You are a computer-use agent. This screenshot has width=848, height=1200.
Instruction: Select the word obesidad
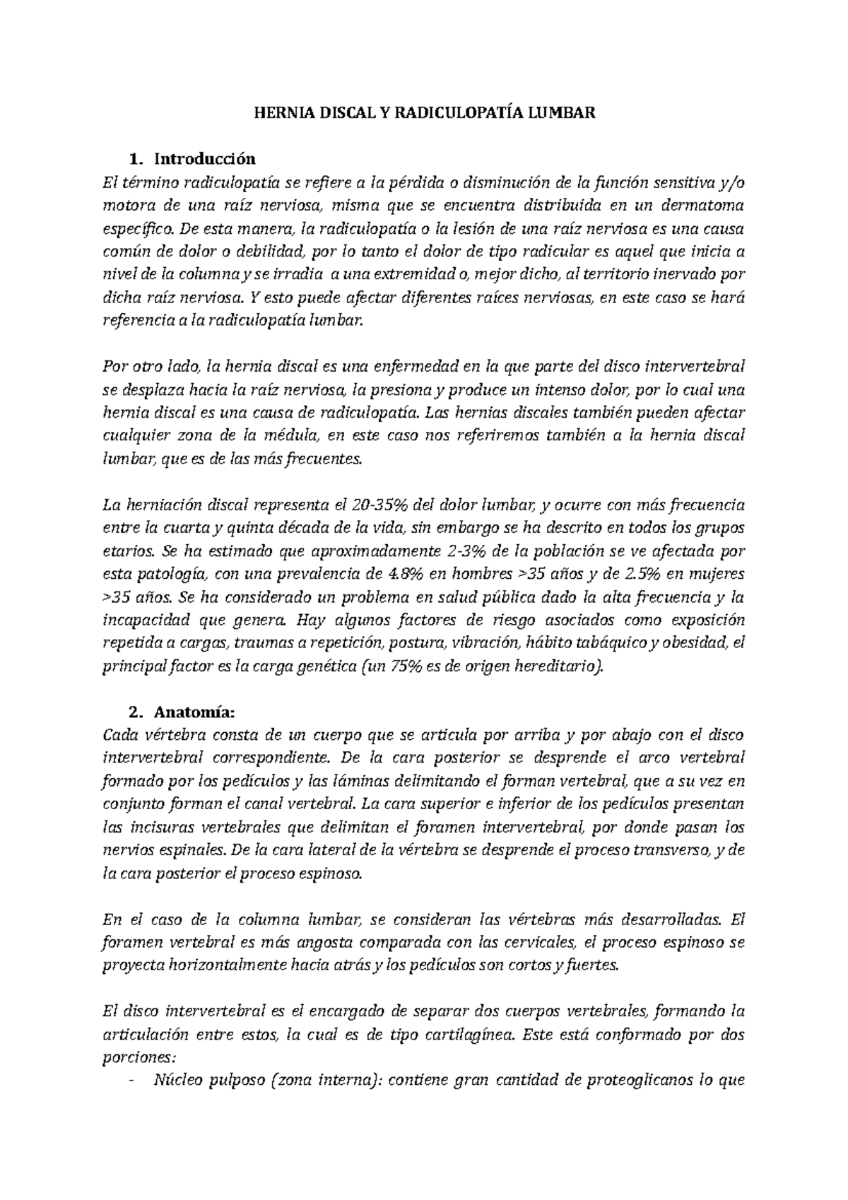click(x=698, y=643)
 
